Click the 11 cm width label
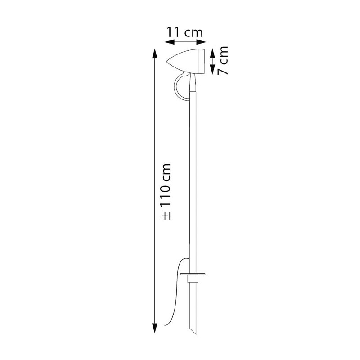(184, 32)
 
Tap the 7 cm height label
(223, 60)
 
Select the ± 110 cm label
(166, 192)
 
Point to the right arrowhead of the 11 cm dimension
(202, 42)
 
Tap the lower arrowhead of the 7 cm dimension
(213, 70)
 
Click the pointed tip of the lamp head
(167, 62)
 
